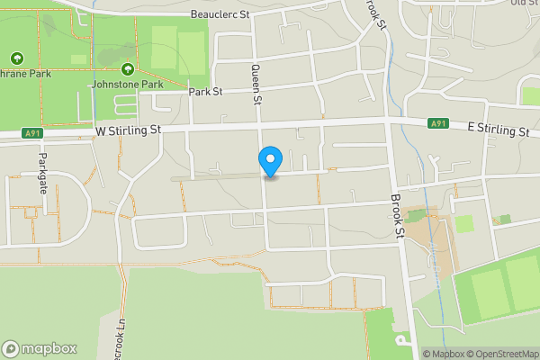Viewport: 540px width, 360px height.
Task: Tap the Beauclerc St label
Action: click(x=222, y=15)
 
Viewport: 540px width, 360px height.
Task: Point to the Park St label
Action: click(x=204, y=92)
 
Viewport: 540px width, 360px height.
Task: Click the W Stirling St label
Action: click(x=127, y=130)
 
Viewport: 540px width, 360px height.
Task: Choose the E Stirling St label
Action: click(x=498, y=130)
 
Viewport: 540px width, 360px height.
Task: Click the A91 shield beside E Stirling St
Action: click(x=437, y=123)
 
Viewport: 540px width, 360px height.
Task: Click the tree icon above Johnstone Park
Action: click(x=127, y=69)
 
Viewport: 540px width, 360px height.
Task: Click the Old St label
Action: click(x=524, y=3)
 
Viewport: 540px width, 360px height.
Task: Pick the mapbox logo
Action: click(x=39, y=348)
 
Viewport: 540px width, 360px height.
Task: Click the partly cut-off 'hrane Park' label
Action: click(x=25, y=73)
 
